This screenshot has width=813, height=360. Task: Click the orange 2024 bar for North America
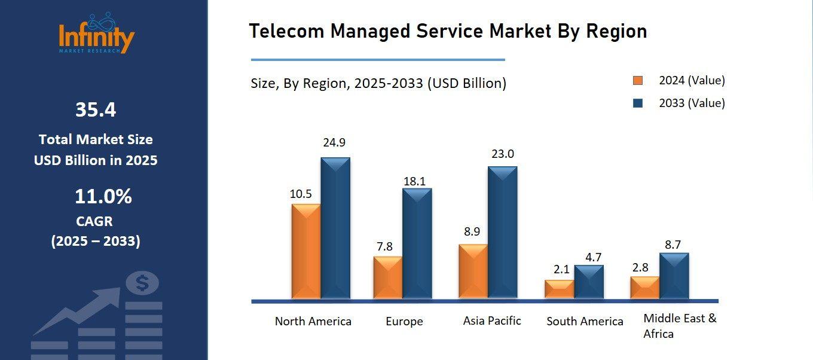pos(306,251)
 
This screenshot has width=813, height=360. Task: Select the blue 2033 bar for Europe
pos(417,244)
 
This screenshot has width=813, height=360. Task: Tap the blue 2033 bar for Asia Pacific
pos(502,233)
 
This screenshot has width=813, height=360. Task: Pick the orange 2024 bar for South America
pos(559,289)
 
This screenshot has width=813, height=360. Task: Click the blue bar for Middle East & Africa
pos(674,276)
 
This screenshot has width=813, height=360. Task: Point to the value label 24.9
pos(334,143)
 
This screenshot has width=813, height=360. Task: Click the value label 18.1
pos(417,181)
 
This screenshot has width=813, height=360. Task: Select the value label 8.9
pos(472,231)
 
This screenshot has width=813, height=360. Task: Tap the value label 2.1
pos(561,270)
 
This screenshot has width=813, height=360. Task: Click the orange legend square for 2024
pos(638,81)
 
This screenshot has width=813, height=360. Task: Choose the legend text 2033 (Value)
pos(692,103)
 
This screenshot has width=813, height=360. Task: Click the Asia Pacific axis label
pos(492,321)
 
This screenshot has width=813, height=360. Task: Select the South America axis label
pos(585,321)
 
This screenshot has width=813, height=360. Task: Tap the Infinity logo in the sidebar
pos(97,35)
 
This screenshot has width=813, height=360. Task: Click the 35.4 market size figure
pos(96,110)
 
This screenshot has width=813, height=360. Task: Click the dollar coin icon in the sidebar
pos(142,283)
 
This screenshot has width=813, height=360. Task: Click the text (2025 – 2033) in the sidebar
pos(96,241)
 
